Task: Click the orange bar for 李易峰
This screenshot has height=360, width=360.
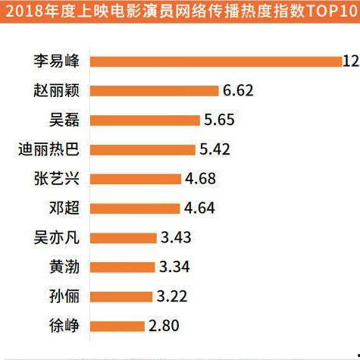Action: click(220, 61)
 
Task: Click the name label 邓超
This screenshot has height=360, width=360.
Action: click(70, 208)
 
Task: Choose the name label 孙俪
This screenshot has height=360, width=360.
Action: click(70, 296)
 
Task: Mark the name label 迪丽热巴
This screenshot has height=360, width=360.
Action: click(55, 149)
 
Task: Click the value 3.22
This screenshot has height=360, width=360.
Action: click(174, 296)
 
